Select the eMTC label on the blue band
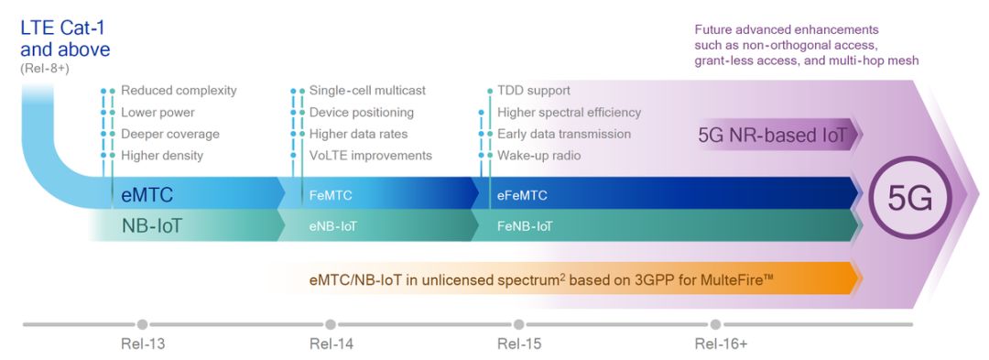pyautogui.click(x=147, y=195)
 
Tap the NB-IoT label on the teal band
pyautogui.click(x=151, y=225)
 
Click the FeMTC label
pyautogui.click(x=331, y=195)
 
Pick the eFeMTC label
pyautogui.click(x=522, y=195)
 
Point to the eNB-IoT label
pyautogui.click(x=333, y=226)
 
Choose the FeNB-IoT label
pyautogui.click(x=525, y=226)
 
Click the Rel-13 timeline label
pyautogui.click(x=143, y=344)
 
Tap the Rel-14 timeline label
pyautogui.click(x=331, y=344)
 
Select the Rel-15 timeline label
pyautogui.click(x=519, y=344)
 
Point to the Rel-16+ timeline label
pyautogui.click(x=721, y=344)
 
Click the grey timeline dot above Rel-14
pyautogui.click(x=331, y=324)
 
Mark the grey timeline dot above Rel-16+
pyautogui.click(x=715, y=324)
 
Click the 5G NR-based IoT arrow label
pyautogui.click(x=773, y=135)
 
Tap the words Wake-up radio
pyautogui.click(x=539, y=155)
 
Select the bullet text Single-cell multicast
pyautogui.click(x=367, y=90)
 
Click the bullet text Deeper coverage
pyautogui.click(x=170, y=135)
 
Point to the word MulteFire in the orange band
pyautogui.click(x=733, y=280)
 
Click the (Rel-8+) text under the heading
pyautogui.click(x=45, y=68)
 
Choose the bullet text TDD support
pyautogui.click(x=534, y=91)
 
